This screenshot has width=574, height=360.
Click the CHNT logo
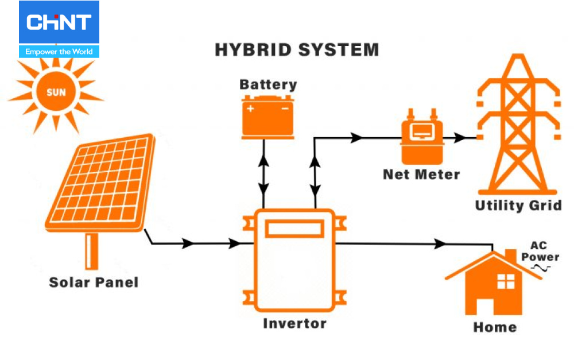[x=59, y=23]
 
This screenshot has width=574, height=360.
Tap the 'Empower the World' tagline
[x=59, y=52]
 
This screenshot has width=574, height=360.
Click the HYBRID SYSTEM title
[x=297, y=49]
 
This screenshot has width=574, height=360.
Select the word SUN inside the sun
[x=56, y=92]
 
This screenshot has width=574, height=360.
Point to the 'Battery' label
[x=268, y=84]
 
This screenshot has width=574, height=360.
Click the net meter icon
[x=422, y=136]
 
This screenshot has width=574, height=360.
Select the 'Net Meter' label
[x=421, y=174]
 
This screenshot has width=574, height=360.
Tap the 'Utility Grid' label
[x=518, y=205]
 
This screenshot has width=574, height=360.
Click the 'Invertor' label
[x=294, y=323]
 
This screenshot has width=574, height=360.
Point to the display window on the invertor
[x=294, y=229]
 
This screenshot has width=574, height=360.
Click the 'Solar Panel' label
[x=94, y=282]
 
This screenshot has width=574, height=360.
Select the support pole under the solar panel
[x=91, y=250]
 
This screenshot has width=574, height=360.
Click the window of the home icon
[x=506, y=281]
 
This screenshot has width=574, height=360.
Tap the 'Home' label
[x=495, y=327]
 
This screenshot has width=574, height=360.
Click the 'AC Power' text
[x=540, y=251]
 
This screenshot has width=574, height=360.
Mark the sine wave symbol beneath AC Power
[x=540, y=268]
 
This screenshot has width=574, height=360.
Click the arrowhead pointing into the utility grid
[x=459, y=138]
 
